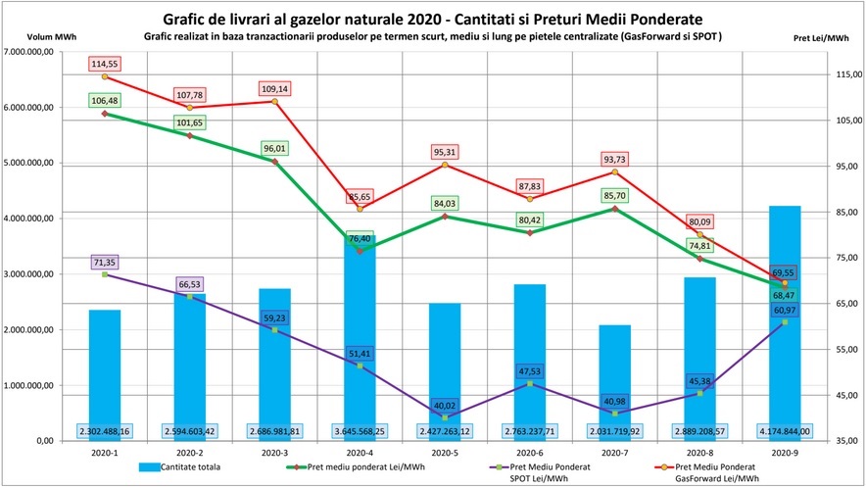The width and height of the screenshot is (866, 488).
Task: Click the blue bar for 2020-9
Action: [x=785, y=323]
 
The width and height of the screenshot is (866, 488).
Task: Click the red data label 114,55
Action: [x=105, y=64]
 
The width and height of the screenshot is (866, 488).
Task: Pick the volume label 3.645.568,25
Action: [x=360, y=430]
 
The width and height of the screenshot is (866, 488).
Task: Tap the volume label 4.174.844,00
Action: [x=785, y=430]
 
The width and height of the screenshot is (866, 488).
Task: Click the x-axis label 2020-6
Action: [x=530, y=453]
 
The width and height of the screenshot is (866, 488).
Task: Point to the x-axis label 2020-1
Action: [x=105, y=453]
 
